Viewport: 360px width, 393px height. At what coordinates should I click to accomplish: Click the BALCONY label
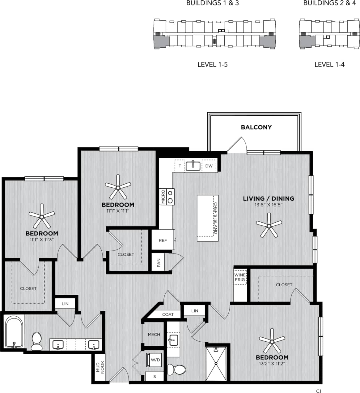click(x=256, y=127)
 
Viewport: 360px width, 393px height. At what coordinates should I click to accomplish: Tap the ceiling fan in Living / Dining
click(x=269, y=227)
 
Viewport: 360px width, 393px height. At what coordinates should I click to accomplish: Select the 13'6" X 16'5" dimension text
click(x=268, y=204)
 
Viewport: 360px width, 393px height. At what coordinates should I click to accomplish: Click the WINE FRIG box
click(x=240, y=277)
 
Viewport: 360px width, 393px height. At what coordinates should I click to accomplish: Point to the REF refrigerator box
click(x=163, y=240)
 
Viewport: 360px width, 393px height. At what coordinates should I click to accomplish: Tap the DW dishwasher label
click(x=209, y=166)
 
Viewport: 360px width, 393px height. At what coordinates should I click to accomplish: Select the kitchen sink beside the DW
click(x=193, y=166)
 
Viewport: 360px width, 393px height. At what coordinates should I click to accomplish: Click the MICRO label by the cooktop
click(x=163, y=197)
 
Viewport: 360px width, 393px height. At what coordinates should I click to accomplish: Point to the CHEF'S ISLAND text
click(x=215, y=218)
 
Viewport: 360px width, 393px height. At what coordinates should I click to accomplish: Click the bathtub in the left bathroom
click(x=14, y=332)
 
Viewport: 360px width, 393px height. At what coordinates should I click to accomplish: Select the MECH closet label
click(x=154, y=335)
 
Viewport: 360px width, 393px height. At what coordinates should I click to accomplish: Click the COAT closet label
click(x=168, y=314)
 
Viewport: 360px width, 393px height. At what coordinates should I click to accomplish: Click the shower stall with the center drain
click(x=216, y=364)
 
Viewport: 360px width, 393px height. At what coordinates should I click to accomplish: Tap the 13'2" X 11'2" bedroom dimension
click(x=272, y=364)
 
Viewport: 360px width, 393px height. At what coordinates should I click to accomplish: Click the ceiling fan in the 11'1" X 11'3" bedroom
click(x=41, y=216)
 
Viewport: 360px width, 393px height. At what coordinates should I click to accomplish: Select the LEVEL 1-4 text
click(x=329, y=64)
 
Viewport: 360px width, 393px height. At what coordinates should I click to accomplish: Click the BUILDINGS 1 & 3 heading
click(x=212, y=3)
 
